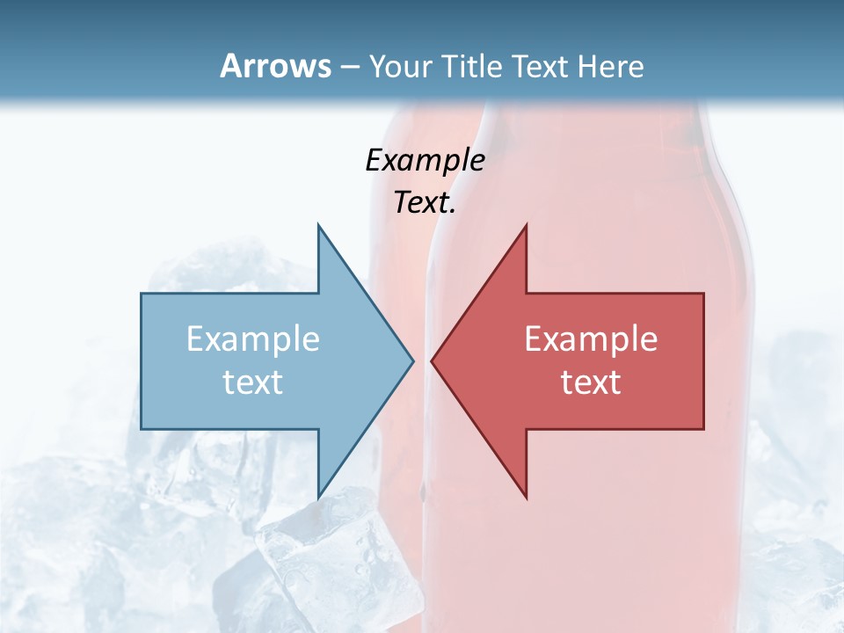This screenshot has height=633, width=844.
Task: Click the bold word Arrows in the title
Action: (x=275, y=66)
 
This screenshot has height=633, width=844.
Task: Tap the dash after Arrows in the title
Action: (x=349, y=67)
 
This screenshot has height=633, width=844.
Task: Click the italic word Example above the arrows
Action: (x=425, y=160)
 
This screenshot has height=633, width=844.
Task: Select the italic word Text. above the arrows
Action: (x=425, y=202)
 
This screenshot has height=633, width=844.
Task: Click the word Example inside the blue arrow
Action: (x=253, y=338)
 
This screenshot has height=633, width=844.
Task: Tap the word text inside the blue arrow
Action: (x=253, y=382)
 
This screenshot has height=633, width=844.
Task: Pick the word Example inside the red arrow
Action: (x=591, y=338)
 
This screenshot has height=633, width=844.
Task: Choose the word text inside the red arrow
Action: (x=591, y=382)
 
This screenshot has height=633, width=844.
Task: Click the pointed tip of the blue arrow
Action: (x=412, y=360)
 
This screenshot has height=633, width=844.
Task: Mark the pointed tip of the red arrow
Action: (x=433, y=360)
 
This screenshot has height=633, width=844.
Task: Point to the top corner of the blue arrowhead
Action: (x=318, y=225)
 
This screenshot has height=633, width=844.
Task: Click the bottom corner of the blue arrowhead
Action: (x=318, y=497)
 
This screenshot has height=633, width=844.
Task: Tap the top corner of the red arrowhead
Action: (x=526, y=225)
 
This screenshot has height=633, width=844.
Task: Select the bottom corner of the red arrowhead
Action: (x=526, y=498)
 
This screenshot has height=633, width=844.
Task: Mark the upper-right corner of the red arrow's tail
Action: (x=703, y=294)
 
